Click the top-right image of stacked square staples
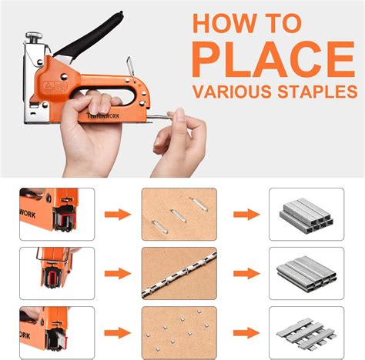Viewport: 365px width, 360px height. click(x=306, y=213)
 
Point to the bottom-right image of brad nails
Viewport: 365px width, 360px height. click(x=306, y=331)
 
